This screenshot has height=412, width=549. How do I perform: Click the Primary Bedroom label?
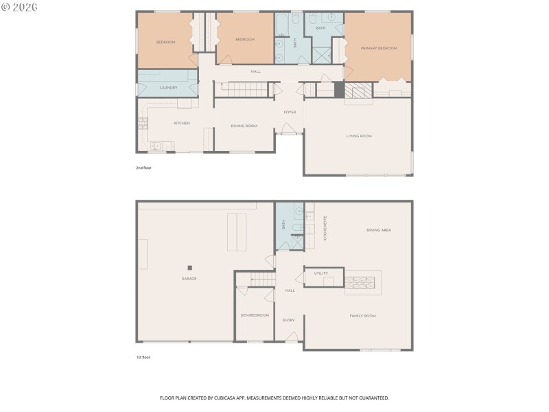(379, 48)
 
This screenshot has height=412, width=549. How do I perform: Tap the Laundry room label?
(169, 88)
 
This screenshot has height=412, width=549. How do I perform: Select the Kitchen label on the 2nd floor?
(181, 123)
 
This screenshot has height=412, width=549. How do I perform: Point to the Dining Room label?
(244, 126)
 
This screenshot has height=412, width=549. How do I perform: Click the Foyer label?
(290, 112)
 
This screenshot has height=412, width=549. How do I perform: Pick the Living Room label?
(359, 136)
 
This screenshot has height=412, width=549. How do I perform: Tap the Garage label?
(189, 278)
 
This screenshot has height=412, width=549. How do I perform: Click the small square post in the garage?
(190, 267)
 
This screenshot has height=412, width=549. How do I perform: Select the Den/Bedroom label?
(255, 315)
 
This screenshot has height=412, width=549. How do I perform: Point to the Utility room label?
(321, 273)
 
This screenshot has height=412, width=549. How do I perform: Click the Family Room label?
(362, 315)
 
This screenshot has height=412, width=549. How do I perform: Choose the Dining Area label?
(378, 230)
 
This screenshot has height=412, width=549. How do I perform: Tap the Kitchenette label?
(325, 228)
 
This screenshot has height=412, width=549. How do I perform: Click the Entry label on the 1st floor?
(288, 320)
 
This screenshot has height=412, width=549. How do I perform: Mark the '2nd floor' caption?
(143, 168)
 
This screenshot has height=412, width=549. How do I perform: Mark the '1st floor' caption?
(143, 357)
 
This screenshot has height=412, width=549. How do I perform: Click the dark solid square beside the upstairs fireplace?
(338, 90)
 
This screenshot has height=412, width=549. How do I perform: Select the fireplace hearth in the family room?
(360, 282)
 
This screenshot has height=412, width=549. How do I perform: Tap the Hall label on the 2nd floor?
(256, 71)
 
